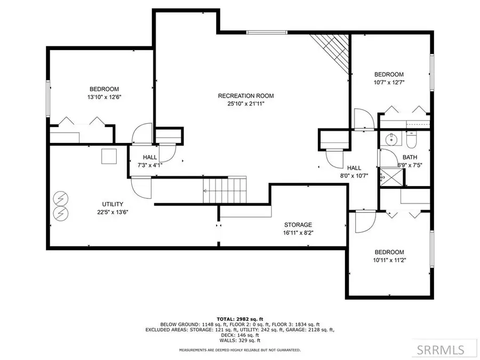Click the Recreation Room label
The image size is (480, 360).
click(x=246, y=96)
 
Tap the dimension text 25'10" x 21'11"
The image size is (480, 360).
click(x=246, y=104)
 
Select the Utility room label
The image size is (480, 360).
click(x=113, y=204)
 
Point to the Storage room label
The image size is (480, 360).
click(x=298, y=225)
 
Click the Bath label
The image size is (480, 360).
click(x=410, y=157)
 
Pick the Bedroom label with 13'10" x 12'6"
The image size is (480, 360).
click(x=104, y=89)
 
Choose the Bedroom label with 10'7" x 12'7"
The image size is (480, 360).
click(x=389, y=75)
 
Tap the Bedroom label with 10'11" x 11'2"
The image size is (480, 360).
click(x=389, y=252)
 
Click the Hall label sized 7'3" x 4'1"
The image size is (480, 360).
click(x=150, y=157)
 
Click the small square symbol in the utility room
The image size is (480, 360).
click(x=109, y=156)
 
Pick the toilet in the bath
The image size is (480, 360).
click(x=411, y=140)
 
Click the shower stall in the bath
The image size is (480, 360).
click(x=384, y=175)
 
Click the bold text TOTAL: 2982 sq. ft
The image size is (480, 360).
click(x=240, y=318)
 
